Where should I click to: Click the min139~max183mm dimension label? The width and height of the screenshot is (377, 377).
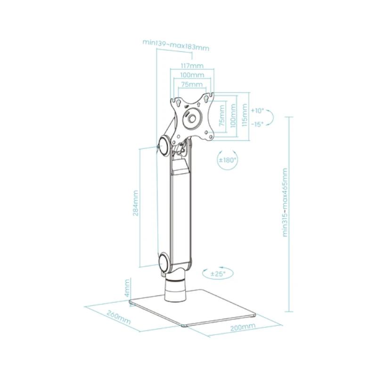(x=176, y=45)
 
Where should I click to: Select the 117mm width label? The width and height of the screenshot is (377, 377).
(x=192, y=66)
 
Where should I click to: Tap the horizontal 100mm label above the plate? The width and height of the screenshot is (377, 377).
(x=192, y=75)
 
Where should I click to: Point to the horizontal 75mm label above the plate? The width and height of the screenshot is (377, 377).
(x=192, y=84)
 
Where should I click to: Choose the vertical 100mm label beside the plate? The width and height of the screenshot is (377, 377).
(x=232, y=116)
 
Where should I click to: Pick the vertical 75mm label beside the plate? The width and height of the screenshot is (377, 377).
(x=221, y=116)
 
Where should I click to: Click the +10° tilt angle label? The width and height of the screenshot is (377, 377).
(x=257, y=111)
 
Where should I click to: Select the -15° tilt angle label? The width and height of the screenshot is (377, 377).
(x=257, y=124)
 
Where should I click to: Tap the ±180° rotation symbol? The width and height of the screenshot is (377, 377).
(x=227, y=160)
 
